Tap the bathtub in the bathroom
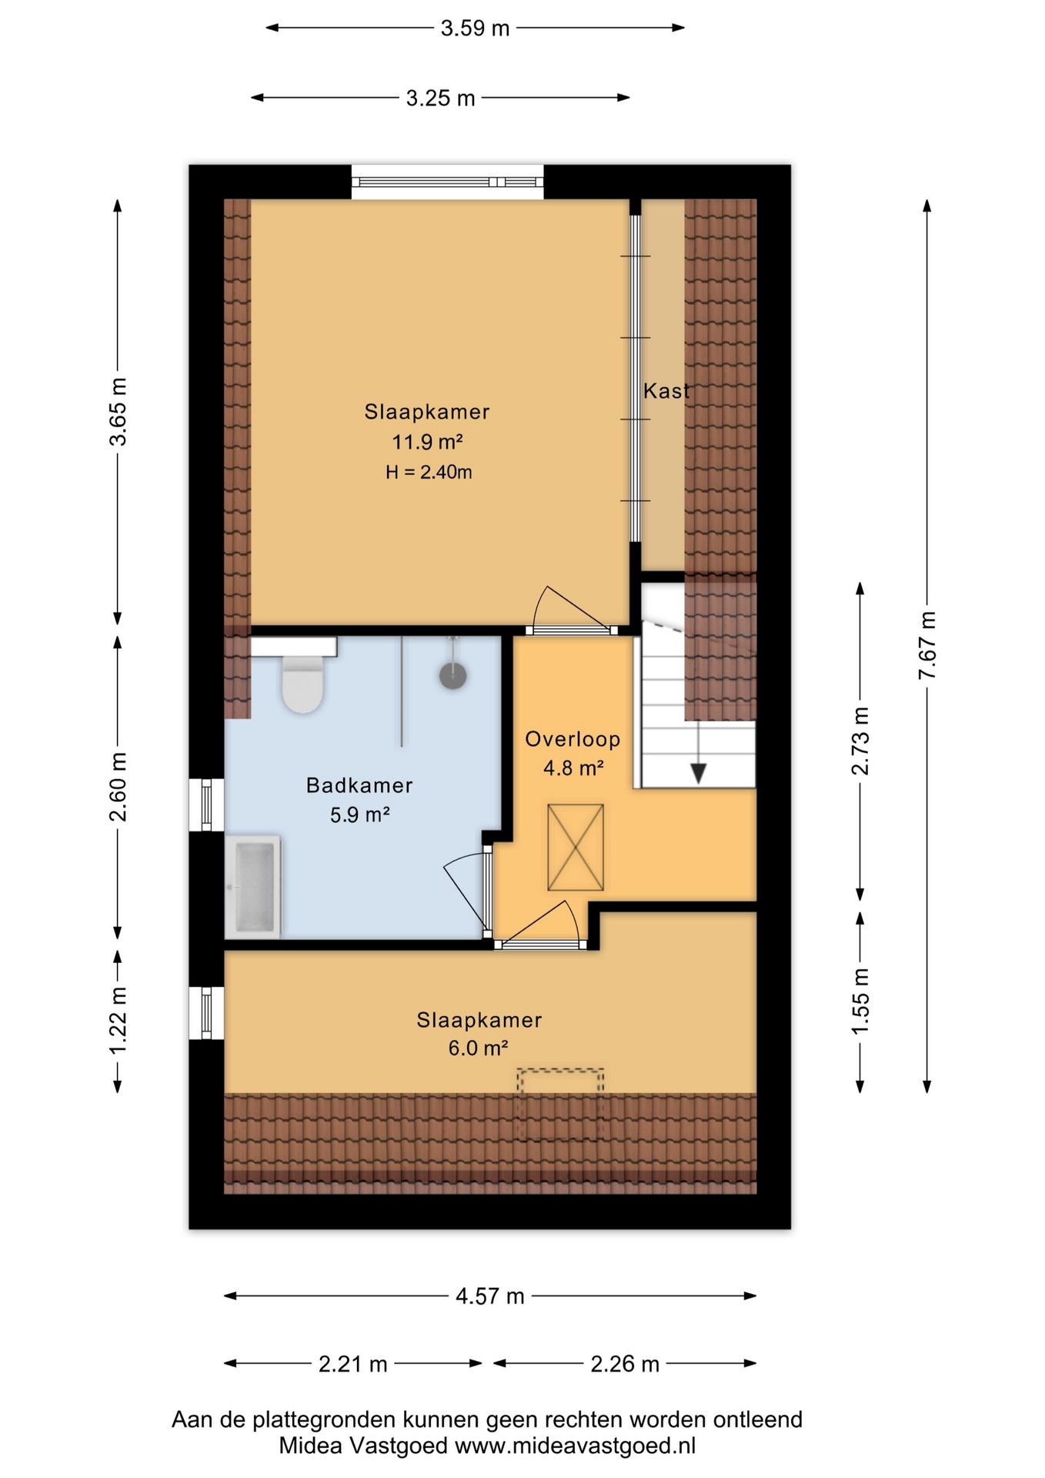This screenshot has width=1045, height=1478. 252,887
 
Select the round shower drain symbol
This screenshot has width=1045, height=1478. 453,676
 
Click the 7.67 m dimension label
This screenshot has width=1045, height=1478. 927,645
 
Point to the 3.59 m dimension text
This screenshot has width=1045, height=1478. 475,28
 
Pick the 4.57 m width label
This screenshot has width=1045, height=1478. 490,1296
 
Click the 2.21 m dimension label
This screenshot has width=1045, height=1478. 353,1364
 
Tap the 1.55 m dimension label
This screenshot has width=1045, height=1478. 860,1001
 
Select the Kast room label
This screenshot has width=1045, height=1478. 666,391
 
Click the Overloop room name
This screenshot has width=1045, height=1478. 573,739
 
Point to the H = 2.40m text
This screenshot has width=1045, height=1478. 429,472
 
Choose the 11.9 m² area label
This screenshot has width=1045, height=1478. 428,442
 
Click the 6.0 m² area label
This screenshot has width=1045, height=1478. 479,1048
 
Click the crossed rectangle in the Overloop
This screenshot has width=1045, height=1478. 576,848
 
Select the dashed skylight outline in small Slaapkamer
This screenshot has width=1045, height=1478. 560,1103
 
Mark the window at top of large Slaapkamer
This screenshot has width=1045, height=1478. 448,182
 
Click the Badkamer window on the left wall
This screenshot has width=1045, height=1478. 206,805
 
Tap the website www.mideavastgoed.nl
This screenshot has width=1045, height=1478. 576,1446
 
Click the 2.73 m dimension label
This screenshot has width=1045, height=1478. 860,741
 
